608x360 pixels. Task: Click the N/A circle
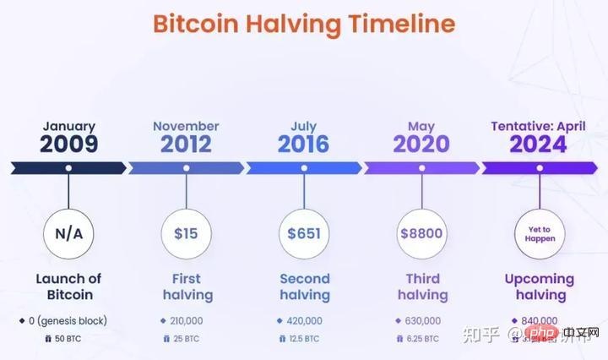(x=68, y=232)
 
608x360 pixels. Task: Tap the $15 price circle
(x=186, y=232)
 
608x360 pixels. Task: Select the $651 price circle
(x=304, y=232)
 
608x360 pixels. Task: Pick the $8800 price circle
(x=421, y=232)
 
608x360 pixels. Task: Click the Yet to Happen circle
(x=539, y=232)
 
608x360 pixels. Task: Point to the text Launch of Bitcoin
(x=68, y=286)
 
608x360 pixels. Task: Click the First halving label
(x=186, y=286)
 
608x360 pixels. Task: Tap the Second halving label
(x=304, y=286)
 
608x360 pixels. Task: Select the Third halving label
(x=421, y=286)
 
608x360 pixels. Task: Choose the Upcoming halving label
(x=539, y=286)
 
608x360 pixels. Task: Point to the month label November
(x=186, y=127)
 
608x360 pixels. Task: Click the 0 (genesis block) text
(x=68, y=321)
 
